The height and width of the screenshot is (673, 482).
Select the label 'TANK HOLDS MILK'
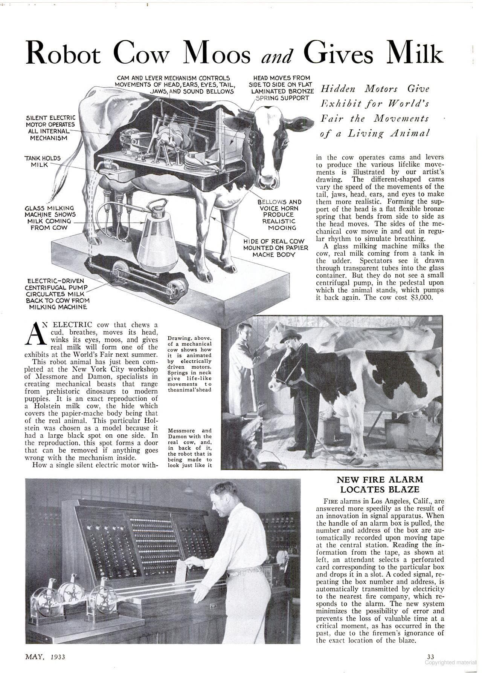click(43, 161)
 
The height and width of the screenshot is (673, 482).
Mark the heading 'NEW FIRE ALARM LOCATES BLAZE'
click(380, 484)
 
